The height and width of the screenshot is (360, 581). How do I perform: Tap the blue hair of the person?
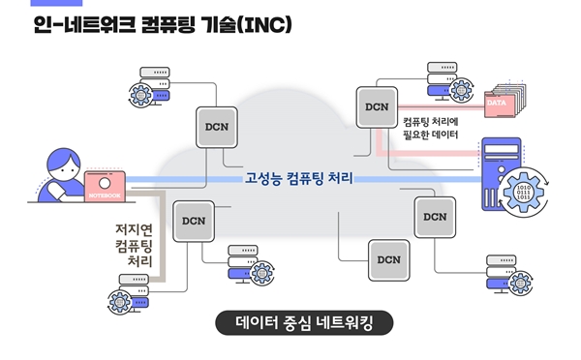tap(56, 157)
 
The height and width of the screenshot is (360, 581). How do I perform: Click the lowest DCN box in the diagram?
tap(387, 259)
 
